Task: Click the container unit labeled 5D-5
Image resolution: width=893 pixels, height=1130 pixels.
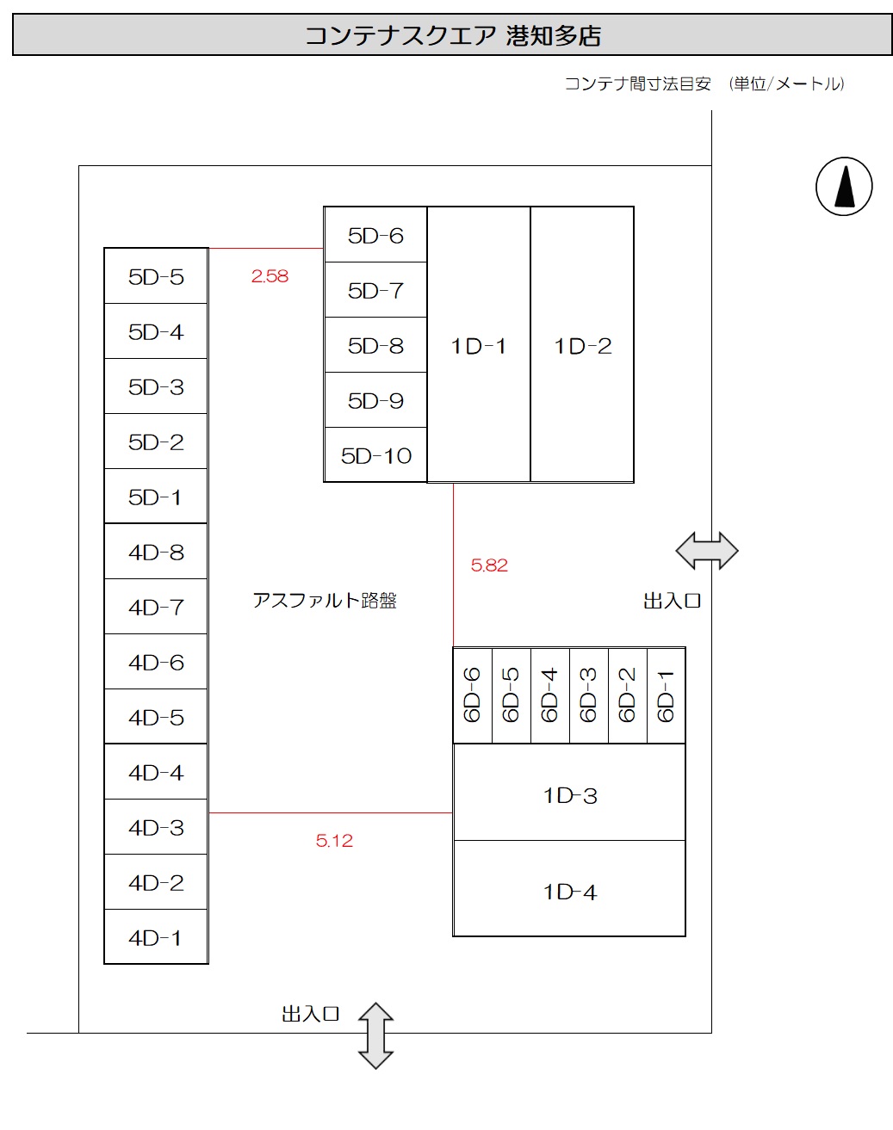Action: point(156,276)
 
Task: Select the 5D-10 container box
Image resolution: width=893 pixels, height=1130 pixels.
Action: point(375,455)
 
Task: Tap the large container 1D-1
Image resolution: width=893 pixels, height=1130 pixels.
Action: point(479,345)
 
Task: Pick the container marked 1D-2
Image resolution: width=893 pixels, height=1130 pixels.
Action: point(582,345)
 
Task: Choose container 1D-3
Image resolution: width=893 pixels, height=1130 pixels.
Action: point(569,794)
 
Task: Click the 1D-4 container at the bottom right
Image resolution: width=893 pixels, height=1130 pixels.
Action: point(569,891)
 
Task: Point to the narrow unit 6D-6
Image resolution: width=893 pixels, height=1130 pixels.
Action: point(473,695)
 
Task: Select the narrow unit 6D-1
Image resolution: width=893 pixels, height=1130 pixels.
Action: point(666,695)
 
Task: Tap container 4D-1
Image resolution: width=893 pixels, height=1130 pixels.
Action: point(156,937)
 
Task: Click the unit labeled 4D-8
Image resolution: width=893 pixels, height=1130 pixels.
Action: point(156,552)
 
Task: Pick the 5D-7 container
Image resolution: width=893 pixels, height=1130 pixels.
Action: point(375,290)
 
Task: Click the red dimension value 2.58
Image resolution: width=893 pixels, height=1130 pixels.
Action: point(270,276)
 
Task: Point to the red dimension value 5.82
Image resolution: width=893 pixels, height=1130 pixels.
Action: point(489,565)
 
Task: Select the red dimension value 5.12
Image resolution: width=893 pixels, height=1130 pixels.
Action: point(334,841)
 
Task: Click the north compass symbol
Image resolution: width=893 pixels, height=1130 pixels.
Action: point(844,186)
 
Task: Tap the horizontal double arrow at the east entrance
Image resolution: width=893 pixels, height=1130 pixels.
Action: point(707,551)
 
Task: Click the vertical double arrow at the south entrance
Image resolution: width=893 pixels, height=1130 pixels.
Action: point(375,1035)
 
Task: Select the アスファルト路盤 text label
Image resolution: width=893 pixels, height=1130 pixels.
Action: point(325,601)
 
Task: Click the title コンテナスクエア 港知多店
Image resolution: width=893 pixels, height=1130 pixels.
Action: point(452,36)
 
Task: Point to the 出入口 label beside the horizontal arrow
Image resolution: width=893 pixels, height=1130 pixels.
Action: point(672,601)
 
